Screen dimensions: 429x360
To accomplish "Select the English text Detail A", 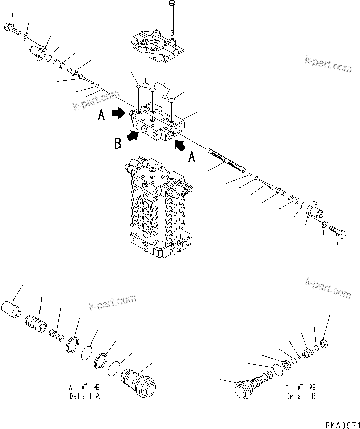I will [84, 396].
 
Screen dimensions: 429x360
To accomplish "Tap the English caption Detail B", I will [300, 396].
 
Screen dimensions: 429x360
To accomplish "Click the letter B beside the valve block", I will [117, 144].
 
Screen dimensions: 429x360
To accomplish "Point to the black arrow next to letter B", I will [133, 135].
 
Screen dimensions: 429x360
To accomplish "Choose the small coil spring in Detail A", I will [56, 334].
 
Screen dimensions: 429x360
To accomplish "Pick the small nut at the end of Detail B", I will [325, 345].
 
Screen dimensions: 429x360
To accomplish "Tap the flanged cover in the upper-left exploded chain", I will [39, 52].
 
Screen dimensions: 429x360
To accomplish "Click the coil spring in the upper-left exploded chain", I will [60, 64].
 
